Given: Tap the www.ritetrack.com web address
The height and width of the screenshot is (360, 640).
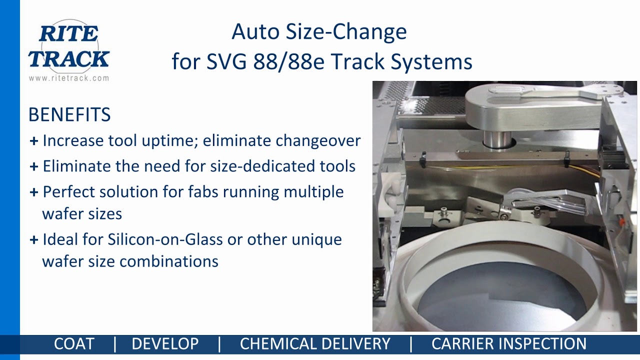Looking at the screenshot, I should coord(68,78).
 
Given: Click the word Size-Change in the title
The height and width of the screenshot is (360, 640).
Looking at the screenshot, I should coord(346,32).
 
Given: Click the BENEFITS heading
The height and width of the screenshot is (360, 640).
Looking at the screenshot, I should coord(69,115).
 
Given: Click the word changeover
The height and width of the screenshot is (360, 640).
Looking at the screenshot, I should coord(318,141).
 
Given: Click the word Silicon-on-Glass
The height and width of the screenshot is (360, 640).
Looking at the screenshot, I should coord(165,239).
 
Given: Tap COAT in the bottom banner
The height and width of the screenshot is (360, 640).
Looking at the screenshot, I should coord(74,344).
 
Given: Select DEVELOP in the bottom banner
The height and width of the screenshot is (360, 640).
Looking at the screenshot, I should coord(165,344).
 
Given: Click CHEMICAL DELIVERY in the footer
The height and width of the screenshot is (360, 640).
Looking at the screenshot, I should coord(315,344).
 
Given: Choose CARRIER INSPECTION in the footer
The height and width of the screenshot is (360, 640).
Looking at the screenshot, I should coord(508,344).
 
